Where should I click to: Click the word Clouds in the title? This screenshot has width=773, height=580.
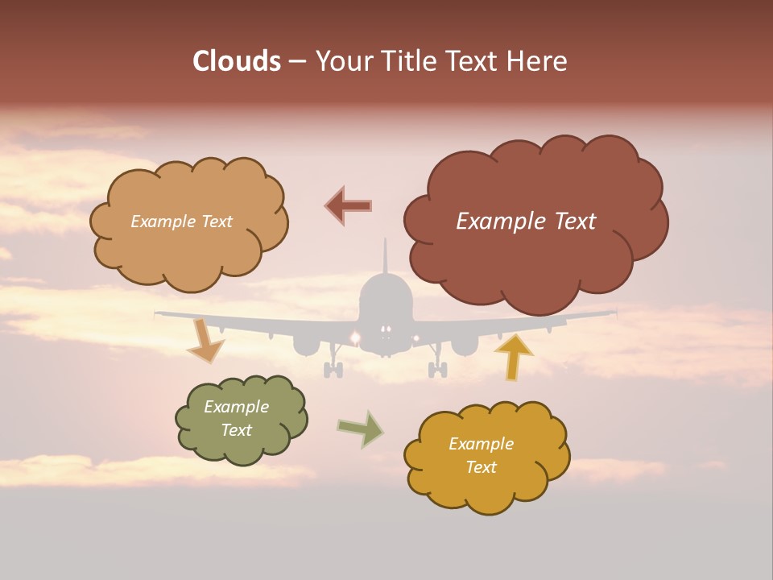pyautogui.click(x=238, y=61)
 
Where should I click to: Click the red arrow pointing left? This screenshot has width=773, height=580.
pyautogui.click(x=349, y=205)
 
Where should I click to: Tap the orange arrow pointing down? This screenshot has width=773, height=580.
pyautogui.click(x=205, y=342)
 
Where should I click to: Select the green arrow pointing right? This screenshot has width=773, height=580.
pyautogui.click(x=361, y=429)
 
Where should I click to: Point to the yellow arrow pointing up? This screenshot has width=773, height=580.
pyautogui.click(x=514, y=355)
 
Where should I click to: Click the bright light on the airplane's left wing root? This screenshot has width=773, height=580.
pyautogui.click(x=354, y=336)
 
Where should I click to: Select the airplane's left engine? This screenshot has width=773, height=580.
pyautogui.click(x=306, y=345)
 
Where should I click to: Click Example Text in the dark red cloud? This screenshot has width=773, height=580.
pyautogui.click(x=526, y=222)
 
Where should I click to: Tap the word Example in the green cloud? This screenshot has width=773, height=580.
pyautogui.click(x=236, y=407)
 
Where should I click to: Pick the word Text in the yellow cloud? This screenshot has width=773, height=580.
pyautogui.click(x=481, y=467)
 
